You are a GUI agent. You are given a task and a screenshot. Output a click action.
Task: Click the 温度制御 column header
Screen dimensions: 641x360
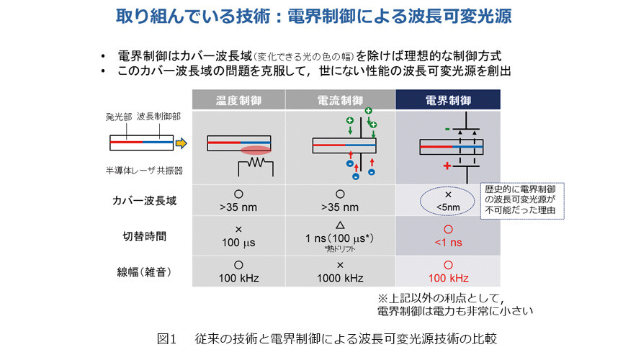click(x=238, y=100)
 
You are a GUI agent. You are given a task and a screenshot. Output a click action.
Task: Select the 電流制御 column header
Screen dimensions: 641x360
click(x=340, y=100)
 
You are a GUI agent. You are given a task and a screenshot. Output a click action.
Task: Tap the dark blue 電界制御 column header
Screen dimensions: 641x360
click(x=448, y=100)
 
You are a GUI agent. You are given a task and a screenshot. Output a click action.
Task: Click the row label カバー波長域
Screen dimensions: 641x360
click(x=144, y=201)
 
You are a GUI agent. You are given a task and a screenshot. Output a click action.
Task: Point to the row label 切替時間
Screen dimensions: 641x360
click(x=144, y=236)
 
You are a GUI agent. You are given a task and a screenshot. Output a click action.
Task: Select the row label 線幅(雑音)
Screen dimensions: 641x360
click(x=144, y=271)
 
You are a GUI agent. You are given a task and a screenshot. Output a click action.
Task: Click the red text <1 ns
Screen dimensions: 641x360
click(x=448, y=243)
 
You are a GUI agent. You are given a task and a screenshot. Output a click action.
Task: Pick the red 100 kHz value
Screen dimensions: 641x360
click(x=448, y=278)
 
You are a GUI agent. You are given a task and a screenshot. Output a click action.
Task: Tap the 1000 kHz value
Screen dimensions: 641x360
click(x=340, y=278)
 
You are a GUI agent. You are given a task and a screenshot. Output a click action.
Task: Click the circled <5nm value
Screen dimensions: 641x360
click(x=448, y=207)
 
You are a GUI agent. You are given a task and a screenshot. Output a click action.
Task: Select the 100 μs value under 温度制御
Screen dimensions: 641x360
click(x=238, y=243)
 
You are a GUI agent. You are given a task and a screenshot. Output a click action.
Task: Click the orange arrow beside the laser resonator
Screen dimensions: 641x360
click(x=181, y=143)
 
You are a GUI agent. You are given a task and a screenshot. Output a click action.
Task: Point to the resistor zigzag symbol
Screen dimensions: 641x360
click(x=256, y=163)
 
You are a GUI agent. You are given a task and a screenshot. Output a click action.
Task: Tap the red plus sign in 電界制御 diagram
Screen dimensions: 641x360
click(x=447, y=166)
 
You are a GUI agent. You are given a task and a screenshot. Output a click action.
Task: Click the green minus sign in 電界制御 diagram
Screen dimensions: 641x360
click(x=447, y=129)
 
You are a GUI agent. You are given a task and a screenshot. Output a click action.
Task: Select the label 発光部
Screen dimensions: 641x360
click(x=119, y=117)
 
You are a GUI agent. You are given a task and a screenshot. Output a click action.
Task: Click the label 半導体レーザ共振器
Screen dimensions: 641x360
click(x=144, y=171)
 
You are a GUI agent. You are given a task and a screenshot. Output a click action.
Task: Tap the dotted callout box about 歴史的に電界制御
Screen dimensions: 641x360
click(x=522, y=201)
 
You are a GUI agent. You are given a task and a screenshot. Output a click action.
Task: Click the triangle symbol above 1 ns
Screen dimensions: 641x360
click(x=340, y=225)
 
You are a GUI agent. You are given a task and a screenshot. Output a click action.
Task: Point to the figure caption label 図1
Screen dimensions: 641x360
click(x=166, y=338)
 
